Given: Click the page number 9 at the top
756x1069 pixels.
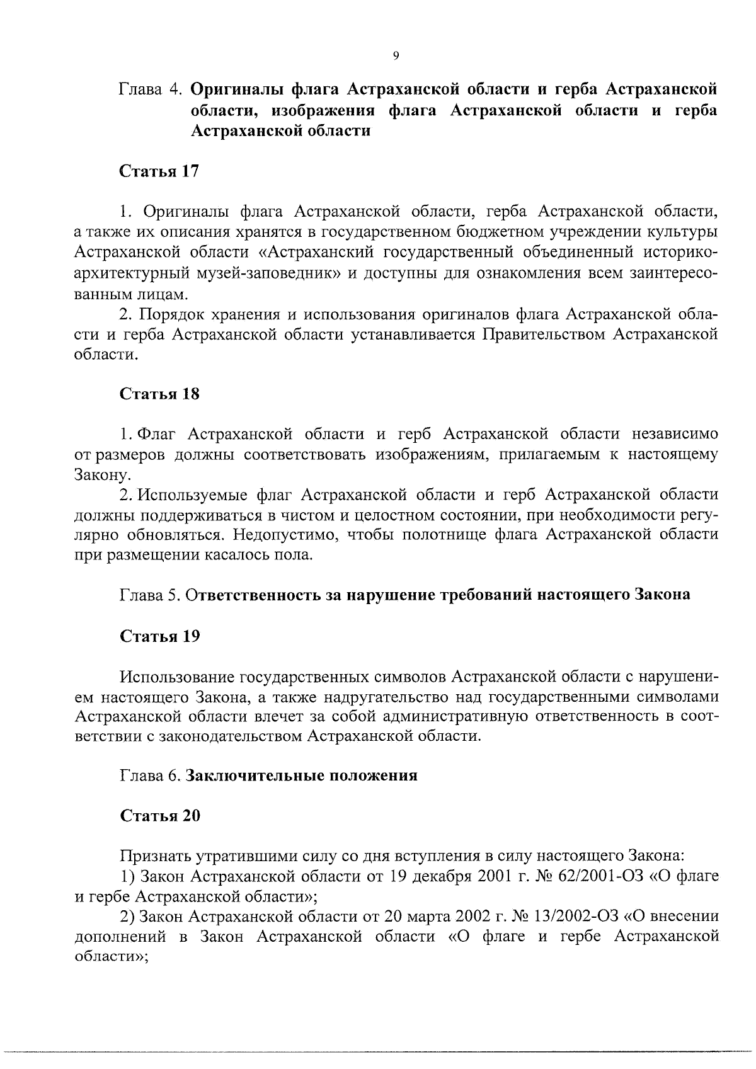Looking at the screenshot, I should (395, 57).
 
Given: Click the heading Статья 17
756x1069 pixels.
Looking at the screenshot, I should (159, 172).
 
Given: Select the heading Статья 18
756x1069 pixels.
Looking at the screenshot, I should (159, 394).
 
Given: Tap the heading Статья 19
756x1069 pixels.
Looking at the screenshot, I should (159, 636).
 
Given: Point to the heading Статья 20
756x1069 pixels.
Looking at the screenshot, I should (159, 816).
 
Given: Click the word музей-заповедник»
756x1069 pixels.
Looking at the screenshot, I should (269, 274).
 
